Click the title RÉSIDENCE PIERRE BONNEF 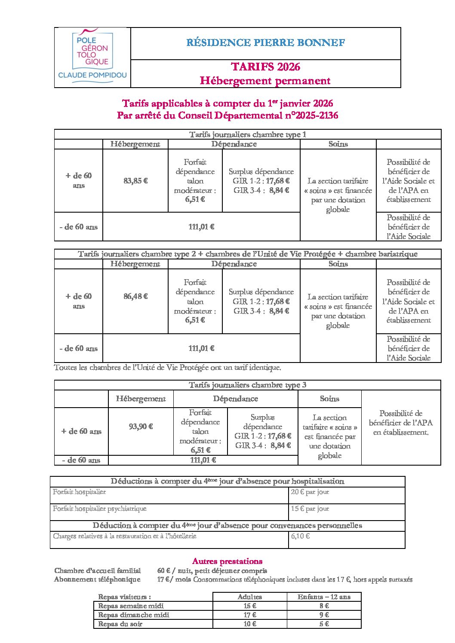265,43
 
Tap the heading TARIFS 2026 265,67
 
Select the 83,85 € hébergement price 135,181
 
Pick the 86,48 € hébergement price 135,296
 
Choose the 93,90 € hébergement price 141,427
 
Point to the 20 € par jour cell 310,492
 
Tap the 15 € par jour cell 310,509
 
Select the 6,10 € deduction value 300,536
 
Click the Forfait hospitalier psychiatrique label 100,509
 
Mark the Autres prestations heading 227,561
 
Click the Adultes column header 249,597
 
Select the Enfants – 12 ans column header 324,597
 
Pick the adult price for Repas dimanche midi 249,615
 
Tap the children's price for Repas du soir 324,624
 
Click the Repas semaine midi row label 131,606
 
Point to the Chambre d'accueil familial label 98,570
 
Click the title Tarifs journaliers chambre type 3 247,385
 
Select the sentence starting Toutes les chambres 167,368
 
